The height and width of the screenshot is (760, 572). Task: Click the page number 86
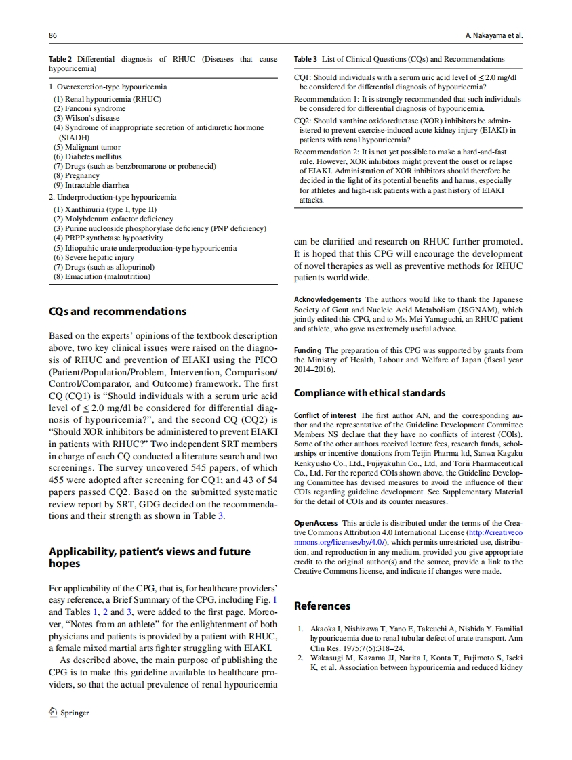pyautogui.click(x=52, y=35)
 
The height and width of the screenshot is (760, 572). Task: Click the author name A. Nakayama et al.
pyautogui.click(x=493, y=35)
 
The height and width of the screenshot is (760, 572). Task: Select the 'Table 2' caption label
pyautogui.click(x=60, y=60)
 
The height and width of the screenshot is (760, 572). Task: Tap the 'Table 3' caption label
pyautogui.click(x=305, y=60)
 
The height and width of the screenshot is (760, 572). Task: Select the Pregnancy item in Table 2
pyautogui.click(x=77, y=175)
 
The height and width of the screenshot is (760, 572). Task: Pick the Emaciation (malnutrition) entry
pyautogui.click(x=102, y=276)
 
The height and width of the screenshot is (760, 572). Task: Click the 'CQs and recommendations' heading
pyautogui.click(x=117, y=312)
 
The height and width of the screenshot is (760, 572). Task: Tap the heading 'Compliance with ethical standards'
pyautogui.click(x=369, y=393)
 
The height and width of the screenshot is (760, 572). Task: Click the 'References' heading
pyautogui.click(x=322, y=606)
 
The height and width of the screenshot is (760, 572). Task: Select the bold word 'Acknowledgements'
pyautogui.click(x=325, y=300)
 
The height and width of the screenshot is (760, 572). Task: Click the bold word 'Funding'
pyautogui.click(x=307, y=351)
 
